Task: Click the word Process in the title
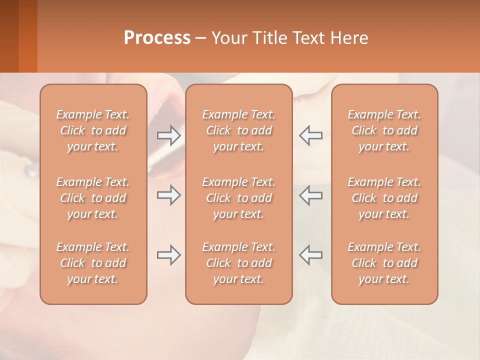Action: (x=157, y=37)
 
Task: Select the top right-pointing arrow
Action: (x=169, y=135)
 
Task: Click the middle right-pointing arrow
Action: (x=169, y=195)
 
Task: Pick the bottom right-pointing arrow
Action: (x=169, y=255)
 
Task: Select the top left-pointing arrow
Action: (x=310, y=135)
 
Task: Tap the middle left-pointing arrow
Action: (x=310, y=195)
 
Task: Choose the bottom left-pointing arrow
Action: (x=310, y=255)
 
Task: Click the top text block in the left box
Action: (x=93, y=130)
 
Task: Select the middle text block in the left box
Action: (x=93, y=198)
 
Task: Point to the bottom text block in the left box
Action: (x=93, y=263)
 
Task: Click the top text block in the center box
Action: (x=239, y=130)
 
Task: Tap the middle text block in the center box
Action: (x=239, y=198)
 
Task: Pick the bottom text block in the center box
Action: (x=239, y=263)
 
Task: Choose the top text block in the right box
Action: (x=384, y=130)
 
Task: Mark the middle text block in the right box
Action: (x=384, y=198)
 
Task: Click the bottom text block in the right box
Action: (x=384, y=263)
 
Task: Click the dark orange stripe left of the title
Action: (x=27, y=36)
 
